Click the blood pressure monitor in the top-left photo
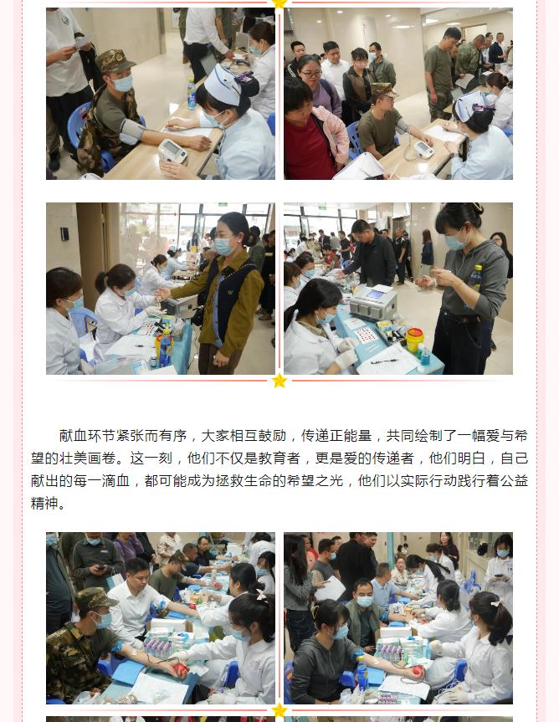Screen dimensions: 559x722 pos(172,151)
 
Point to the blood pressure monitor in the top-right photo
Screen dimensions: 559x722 pos(423,149)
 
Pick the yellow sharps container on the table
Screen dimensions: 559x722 pos(414,340)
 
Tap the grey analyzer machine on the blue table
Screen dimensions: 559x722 pos(373,302)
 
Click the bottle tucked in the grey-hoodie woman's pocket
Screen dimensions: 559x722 pos(474,278)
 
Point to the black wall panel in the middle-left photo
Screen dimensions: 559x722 pos(64,234)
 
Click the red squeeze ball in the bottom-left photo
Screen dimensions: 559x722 pos(181,669)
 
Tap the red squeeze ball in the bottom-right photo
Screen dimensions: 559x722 pos(418,670)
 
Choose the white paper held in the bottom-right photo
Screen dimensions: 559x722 pos(331,588)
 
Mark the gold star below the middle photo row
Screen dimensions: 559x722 pos(279,381)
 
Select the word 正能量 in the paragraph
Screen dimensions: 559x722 pos(351,436)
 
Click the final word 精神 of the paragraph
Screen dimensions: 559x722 pos(44,504)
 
